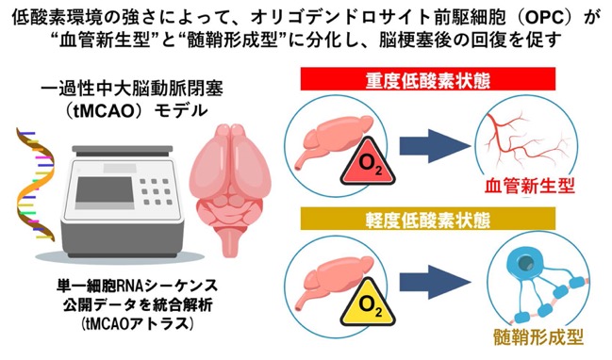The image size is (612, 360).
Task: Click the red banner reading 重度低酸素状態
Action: coord(428,79)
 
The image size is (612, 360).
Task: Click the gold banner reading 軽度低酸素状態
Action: coord(428,220)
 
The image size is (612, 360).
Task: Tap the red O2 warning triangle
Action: coord(368,163)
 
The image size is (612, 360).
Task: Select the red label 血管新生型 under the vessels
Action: coord(530,186)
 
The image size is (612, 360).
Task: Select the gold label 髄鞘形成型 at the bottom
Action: coord(538,337)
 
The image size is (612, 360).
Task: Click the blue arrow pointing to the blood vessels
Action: coord(435,146)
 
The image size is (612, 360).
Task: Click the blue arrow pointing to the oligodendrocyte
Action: coord(435,282)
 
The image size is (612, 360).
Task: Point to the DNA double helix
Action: coord(35,184)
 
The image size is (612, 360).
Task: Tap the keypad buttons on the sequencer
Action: coord(156,191)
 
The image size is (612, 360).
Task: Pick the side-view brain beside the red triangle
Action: coord(333,140)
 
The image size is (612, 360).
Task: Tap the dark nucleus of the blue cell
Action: coord(524,264)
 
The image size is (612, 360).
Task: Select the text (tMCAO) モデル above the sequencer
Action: coord(135,111)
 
